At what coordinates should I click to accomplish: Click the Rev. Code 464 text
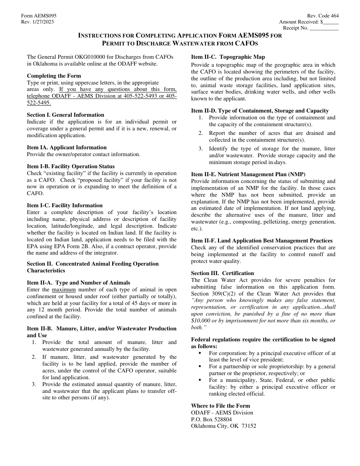click(x=323, y=16)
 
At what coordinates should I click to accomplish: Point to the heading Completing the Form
click(x=54, y=76)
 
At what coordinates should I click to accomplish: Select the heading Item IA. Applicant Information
click(x=67, y=147)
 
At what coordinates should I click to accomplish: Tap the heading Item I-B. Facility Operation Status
click(x=70, y=166)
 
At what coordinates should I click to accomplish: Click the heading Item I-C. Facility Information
click(x=65, y=205)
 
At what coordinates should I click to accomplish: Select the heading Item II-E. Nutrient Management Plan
click(x=248, y=174)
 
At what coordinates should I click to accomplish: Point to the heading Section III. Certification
click(x=222, y=273)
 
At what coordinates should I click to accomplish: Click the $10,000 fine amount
click(x=202, y=321)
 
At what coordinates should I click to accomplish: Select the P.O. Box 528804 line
click(x=211, y=419)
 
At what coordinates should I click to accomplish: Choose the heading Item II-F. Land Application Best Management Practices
click(x=261, y=241)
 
